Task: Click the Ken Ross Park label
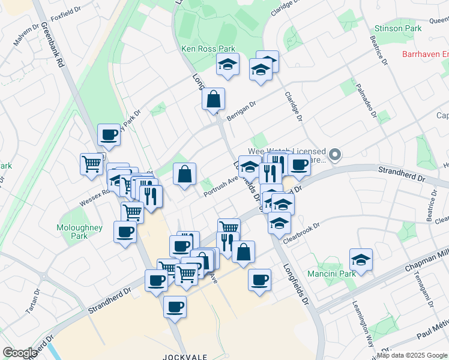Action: (x=208, y=49)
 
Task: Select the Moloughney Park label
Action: (x=79, y=232)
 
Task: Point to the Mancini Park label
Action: (x=332, y=274)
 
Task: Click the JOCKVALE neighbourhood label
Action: (x=185, y=356)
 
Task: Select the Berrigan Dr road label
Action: (x=241, y=103)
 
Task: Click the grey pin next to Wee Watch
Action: (x=336, y=155)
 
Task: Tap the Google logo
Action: (x=19, y=353)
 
